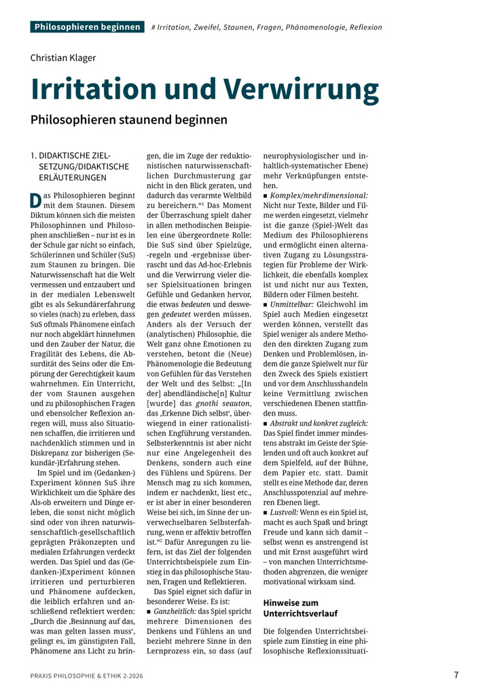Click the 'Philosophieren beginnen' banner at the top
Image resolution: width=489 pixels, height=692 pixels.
(x=86, y=27)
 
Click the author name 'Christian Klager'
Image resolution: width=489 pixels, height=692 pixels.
(x=63, y=58)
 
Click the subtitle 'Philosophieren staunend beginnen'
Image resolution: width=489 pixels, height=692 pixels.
(x=128, y=120)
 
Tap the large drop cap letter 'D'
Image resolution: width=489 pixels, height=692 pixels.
(x=36, y=202)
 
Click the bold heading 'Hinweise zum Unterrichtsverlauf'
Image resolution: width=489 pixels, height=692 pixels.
(x=300, y=608)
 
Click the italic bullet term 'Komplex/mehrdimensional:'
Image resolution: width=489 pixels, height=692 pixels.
(x=319, y=196)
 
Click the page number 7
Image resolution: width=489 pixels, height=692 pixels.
(x=456, y=675)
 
